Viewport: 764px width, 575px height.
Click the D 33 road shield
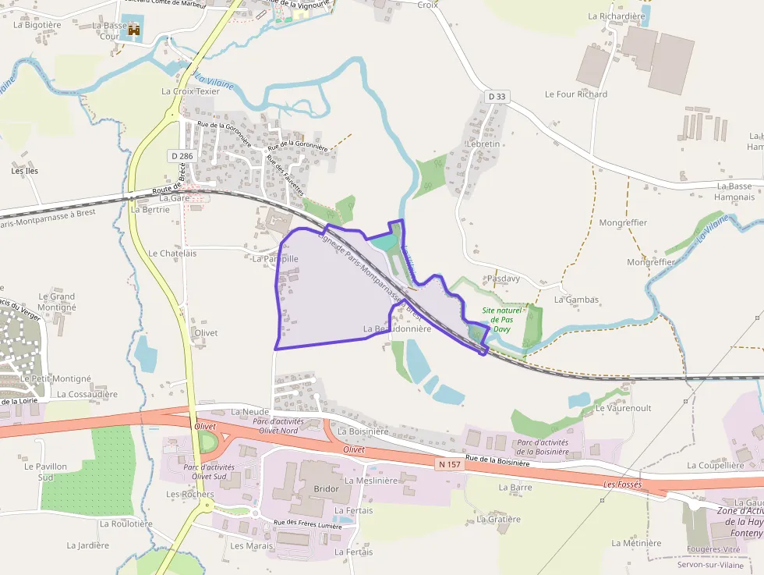click(496, 97)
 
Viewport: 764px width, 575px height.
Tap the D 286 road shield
click(181, 156)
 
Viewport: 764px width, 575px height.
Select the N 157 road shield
click(449, 464)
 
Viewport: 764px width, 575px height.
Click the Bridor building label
click(326, 489)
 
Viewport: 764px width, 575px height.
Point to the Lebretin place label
click(482, 144)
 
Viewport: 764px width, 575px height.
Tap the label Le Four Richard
click(575, 94)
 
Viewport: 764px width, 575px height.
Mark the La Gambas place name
click(576, 300)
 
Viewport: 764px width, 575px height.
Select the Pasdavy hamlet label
click(503, 279)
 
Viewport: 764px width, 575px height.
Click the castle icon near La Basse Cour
click(134, 30)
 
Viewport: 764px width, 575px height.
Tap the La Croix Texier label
click(190, 91)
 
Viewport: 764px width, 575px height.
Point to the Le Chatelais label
click(172, 254)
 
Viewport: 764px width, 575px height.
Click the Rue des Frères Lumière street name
click(307, 525)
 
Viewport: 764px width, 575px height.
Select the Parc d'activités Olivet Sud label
click(209, 471)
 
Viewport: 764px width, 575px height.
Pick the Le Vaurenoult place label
click(623, 408)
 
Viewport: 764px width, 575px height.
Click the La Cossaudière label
click(87, 395)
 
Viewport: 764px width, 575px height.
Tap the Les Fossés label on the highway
click(621, 484)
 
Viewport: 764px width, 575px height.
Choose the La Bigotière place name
click(37, 25)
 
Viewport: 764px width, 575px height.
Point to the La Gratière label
click(497, 519)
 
